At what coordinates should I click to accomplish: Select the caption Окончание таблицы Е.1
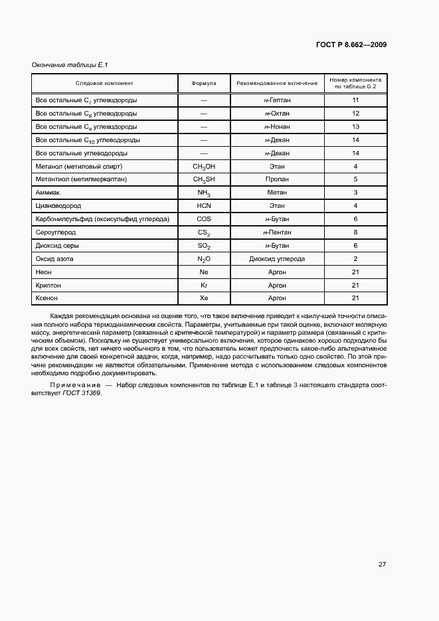pyautogui.click(x=70, y=64)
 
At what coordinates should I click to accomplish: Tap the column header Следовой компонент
pyautogui.click(x=104, y=84)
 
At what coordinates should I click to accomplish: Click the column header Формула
pyautogui.click(x=204, y=84)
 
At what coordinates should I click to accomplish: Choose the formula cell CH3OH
pyautogui.click(x=204, y=166)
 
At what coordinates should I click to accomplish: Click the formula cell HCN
pyautogui.click(x=204, y=206)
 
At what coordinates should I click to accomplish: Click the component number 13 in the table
pyautogui.click(x=355, y=126)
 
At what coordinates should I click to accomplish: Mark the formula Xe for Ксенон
pyautogui.click(x=204, y=299)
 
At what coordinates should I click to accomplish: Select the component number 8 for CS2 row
pyautogui.click(x=355, y=232)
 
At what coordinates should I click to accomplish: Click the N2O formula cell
pyautogui.click(x=204, y=259)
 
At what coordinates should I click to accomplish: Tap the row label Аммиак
pyautogui.click(x=48, y=193)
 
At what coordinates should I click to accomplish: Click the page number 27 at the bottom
pyautogui.click(x=382, y=564)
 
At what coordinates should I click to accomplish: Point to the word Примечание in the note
pyautogui.click(x=75, y=385)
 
